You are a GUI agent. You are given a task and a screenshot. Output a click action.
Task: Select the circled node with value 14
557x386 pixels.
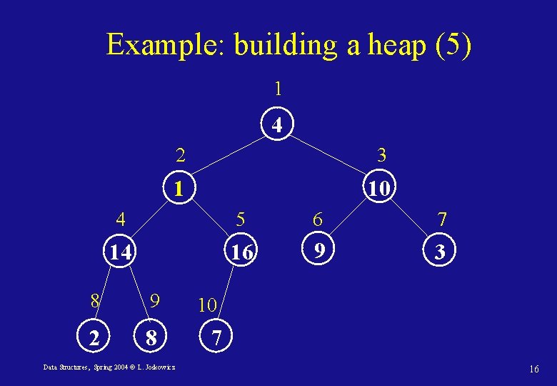(119, 252)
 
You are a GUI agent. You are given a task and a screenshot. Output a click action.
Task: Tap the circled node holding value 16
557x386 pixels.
(242, 252)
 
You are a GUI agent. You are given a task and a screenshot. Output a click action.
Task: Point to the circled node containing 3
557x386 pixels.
(441, 252)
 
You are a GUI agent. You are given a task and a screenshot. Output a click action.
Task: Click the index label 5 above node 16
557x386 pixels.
(241, 218)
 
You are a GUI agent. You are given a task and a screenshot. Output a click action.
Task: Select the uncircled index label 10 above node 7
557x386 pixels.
(207, 305)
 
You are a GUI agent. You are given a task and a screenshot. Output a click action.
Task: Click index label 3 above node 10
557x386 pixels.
(381, 154)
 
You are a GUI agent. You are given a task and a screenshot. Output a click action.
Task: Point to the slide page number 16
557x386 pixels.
(533, 369)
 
